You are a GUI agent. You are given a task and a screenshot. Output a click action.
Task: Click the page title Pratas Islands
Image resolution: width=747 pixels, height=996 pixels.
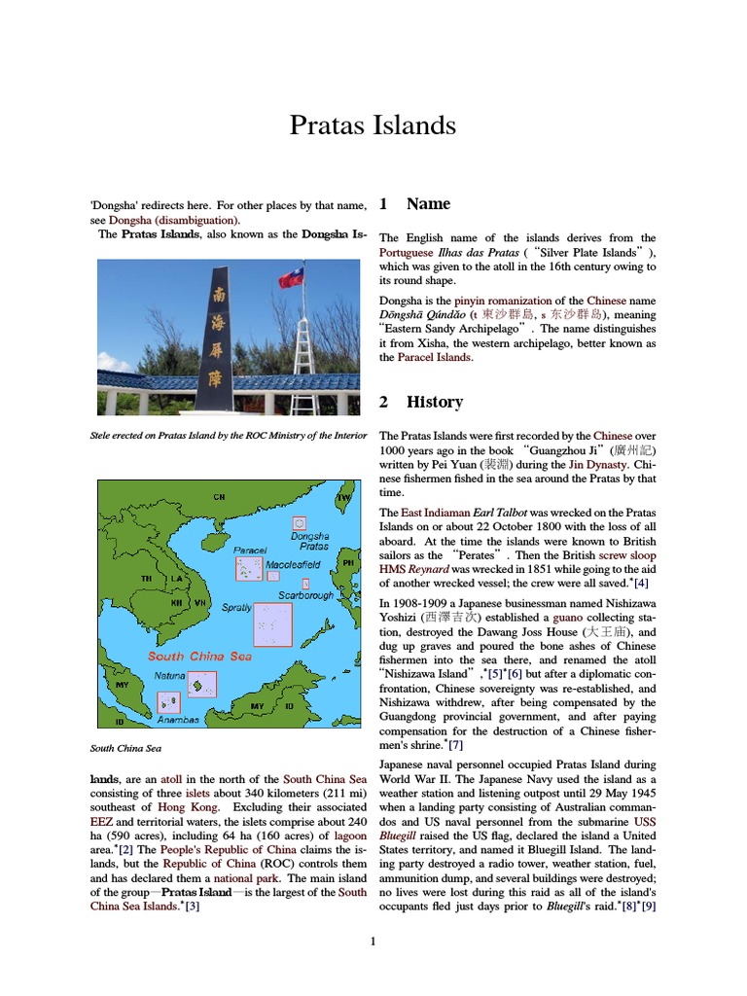coord(373,125)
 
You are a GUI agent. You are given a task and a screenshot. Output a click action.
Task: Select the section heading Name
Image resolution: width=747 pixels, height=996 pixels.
coord(428,204)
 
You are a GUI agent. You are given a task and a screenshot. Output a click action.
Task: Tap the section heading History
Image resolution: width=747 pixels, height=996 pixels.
coord(434,402)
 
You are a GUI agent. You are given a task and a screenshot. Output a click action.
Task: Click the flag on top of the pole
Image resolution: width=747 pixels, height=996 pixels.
coord(291,278)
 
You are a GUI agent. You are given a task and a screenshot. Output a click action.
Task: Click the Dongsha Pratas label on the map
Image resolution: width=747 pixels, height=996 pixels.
coord(309,541)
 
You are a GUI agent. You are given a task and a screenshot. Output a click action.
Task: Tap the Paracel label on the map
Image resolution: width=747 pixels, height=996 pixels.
coord(250,550)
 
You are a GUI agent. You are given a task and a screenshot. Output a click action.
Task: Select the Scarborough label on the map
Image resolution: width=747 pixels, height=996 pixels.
coord(305,595)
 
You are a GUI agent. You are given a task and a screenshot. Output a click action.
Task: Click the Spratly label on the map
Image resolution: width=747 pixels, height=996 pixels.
coord(236,608)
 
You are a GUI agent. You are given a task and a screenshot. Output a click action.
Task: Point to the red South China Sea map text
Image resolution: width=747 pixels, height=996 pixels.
coord(199,656)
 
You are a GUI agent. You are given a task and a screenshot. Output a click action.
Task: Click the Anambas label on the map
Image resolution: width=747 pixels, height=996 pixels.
coord(178,720)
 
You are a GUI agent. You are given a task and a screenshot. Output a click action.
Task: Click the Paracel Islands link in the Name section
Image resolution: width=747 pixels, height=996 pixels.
coord(435,358)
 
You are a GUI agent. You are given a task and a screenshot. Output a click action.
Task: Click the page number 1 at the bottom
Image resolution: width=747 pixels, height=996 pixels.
coord(373,941)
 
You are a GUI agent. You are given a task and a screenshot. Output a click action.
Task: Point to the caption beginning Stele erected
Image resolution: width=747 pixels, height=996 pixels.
coord(228,436)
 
